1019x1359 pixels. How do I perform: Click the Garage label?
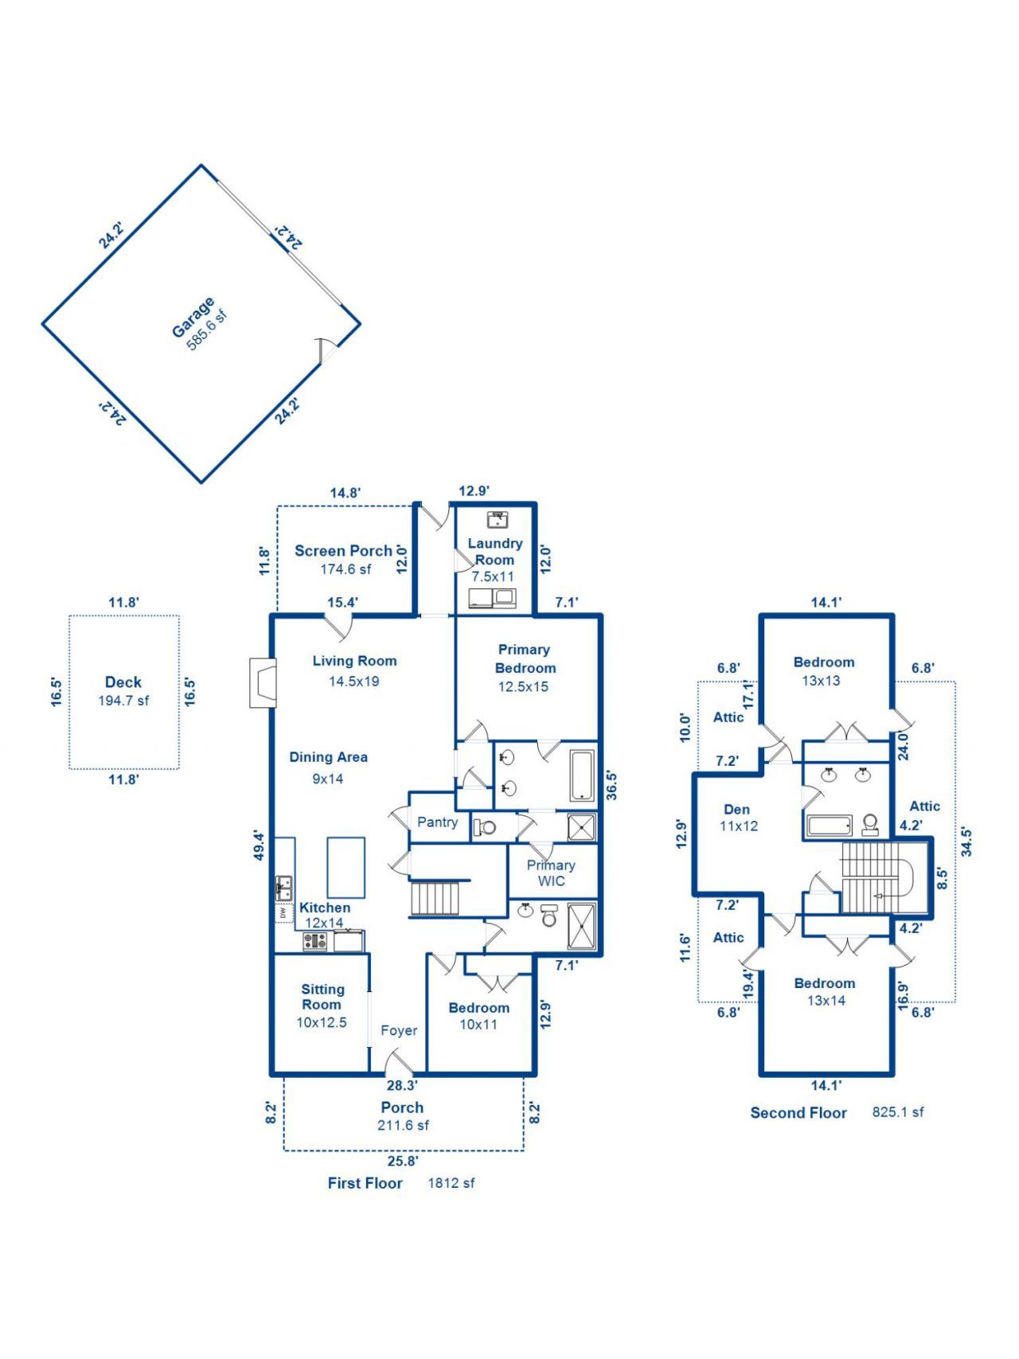193,317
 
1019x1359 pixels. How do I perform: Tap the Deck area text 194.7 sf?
123,701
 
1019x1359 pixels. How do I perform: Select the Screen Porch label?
343,550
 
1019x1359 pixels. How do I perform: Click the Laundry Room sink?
498,519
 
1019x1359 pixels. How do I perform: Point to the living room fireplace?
263,682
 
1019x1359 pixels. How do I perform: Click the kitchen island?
346,867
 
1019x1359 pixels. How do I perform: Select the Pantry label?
437,822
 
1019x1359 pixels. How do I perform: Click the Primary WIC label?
551,873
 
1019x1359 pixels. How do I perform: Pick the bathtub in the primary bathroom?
582,775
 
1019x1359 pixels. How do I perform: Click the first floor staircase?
435,897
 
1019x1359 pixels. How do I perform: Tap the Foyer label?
399,1030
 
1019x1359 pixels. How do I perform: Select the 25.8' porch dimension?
403,1161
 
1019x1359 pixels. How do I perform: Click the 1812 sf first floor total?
451,1183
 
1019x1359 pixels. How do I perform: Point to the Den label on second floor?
736,809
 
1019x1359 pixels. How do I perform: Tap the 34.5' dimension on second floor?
966,842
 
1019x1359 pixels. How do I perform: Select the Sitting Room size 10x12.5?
322,1022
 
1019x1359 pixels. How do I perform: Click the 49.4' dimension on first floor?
259,845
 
